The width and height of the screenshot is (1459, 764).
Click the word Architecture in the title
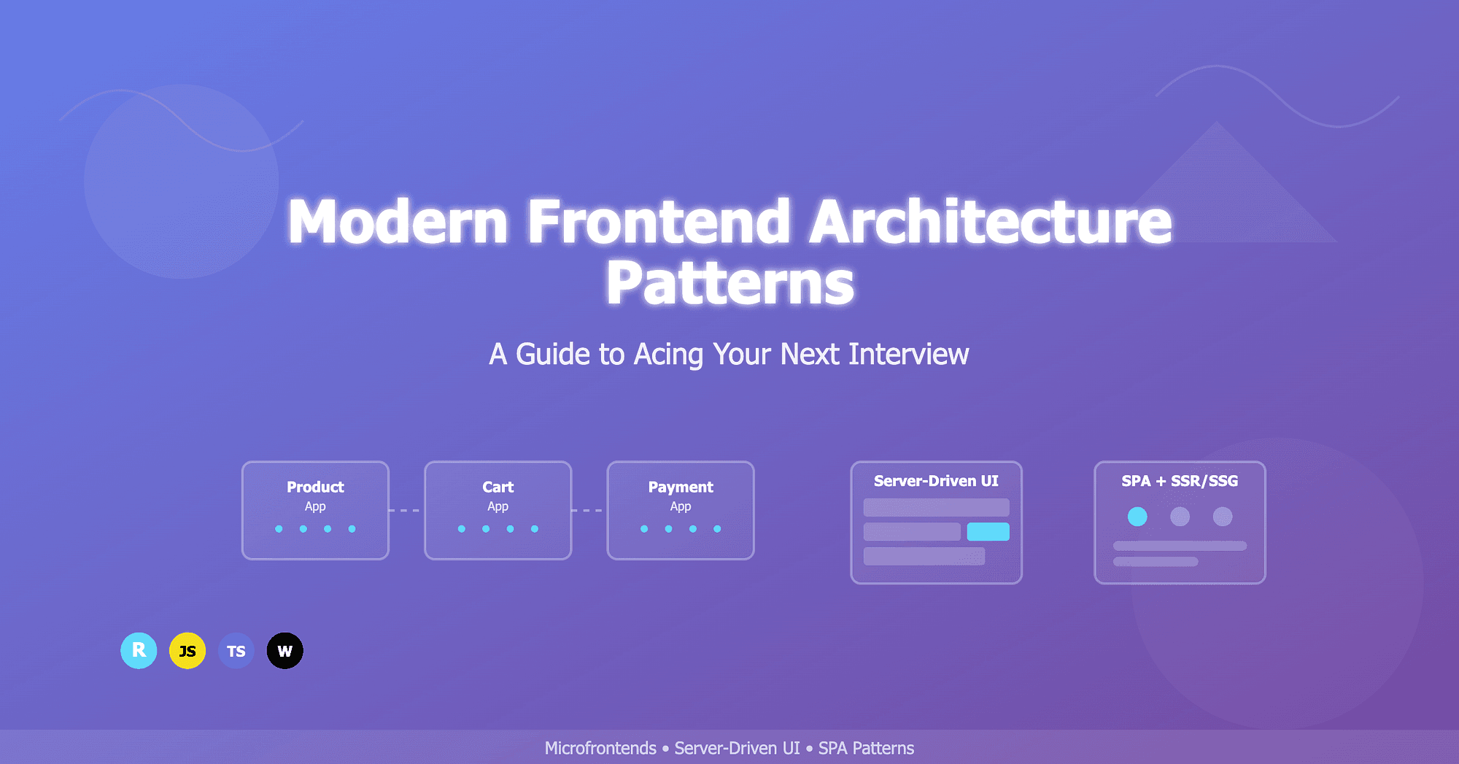(x=990, y=222)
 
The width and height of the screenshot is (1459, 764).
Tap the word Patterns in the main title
(x=729, y=283)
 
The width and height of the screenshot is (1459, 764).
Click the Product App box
(x=315, y=510)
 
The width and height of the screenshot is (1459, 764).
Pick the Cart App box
(x=498, y=510)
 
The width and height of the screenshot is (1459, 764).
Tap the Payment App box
(x=680, y=510)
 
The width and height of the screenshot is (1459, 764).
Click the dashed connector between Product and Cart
(x=406, y=510)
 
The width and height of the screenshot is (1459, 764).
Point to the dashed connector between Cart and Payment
(x=589, y=510)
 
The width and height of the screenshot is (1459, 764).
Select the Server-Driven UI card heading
(x=936, y=481)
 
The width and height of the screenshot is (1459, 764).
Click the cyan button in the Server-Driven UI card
(x=988, y=531)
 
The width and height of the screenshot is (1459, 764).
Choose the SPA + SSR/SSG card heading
(x=1180, y=481)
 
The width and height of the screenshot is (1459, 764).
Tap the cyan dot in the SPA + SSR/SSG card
(x=1137, y=517)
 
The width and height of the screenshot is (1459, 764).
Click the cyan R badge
(x=139, y=651)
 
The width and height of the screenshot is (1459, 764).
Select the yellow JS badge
(x=187, y=651)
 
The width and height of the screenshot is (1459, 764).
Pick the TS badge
(x=236, y=651)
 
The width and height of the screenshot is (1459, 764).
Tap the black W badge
(x=285, y=651)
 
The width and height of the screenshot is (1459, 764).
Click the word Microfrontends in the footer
(x=600, y=748)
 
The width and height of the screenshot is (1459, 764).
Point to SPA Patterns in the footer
(x=866, y=748)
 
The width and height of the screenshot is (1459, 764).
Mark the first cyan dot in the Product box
(x=279, y=529)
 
